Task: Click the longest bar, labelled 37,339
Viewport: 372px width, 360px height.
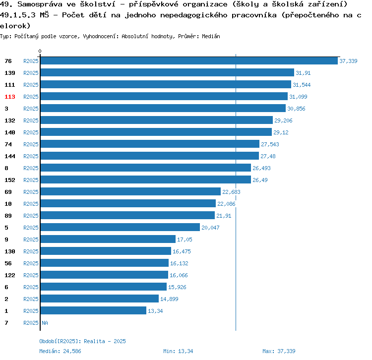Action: [x=188, y=61]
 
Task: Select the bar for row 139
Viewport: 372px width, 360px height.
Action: [x=167, y=73]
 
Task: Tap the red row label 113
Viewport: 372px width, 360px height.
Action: [x=10, y=97]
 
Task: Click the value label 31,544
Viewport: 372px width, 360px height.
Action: [x=302, y=85]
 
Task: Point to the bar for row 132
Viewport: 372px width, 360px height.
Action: [x=156, y=120]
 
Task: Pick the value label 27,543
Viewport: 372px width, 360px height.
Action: [x=270, y=144]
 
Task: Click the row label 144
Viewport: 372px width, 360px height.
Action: [x=10, y=156]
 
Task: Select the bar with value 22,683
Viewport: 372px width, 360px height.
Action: [x=130, y=192]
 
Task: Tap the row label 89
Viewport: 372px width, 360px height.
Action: [x=8, y=216]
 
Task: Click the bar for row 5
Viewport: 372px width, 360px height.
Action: [x=120, y=228]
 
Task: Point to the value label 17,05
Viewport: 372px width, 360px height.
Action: [x=185, y=240]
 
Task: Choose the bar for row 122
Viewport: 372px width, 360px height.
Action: [x=104, y=275]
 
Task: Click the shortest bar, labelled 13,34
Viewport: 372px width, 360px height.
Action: [x=93, y=311]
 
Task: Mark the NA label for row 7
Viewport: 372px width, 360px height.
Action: [x=45, y=323]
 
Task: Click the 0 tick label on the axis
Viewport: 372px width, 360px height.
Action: [x=40, y=51]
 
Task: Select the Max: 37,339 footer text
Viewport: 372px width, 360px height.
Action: [x=279, y=351]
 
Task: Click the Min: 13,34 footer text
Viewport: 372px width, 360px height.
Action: [x=178, y=351]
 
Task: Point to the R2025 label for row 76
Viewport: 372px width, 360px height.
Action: [x=31, y=61]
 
